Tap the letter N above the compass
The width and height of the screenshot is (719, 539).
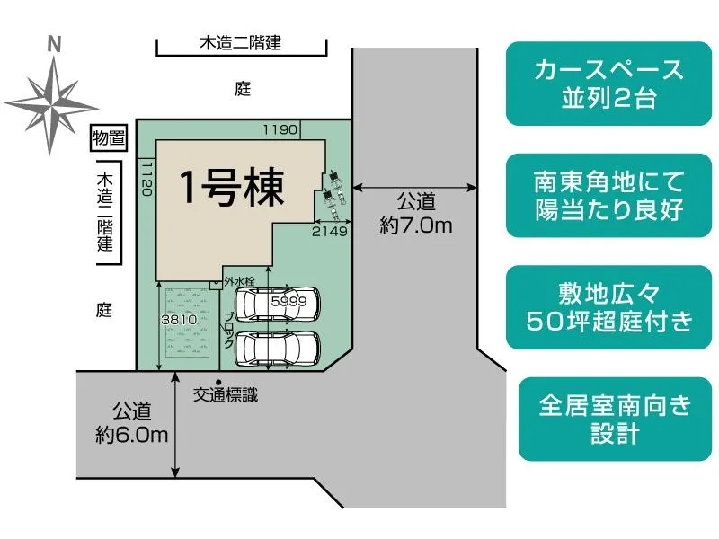coord(53,43)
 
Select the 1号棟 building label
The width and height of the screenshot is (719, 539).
coord(233,187)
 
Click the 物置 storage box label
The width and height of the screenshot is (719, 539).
coord(109,137)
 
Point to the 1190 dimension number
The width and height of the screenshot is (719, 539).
coord(280,130)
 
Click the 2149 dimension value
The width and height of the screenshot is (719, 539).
coord(329,231)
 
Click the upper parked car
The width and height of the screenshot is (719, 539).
coord(276,304)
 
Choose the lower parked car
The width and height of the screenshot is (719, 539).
coord(277,347)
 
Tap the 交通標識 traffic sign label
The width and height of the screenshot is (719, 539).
coord(226,395)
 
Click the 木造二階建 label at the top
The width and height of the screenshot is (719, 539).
coord(241,42)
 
